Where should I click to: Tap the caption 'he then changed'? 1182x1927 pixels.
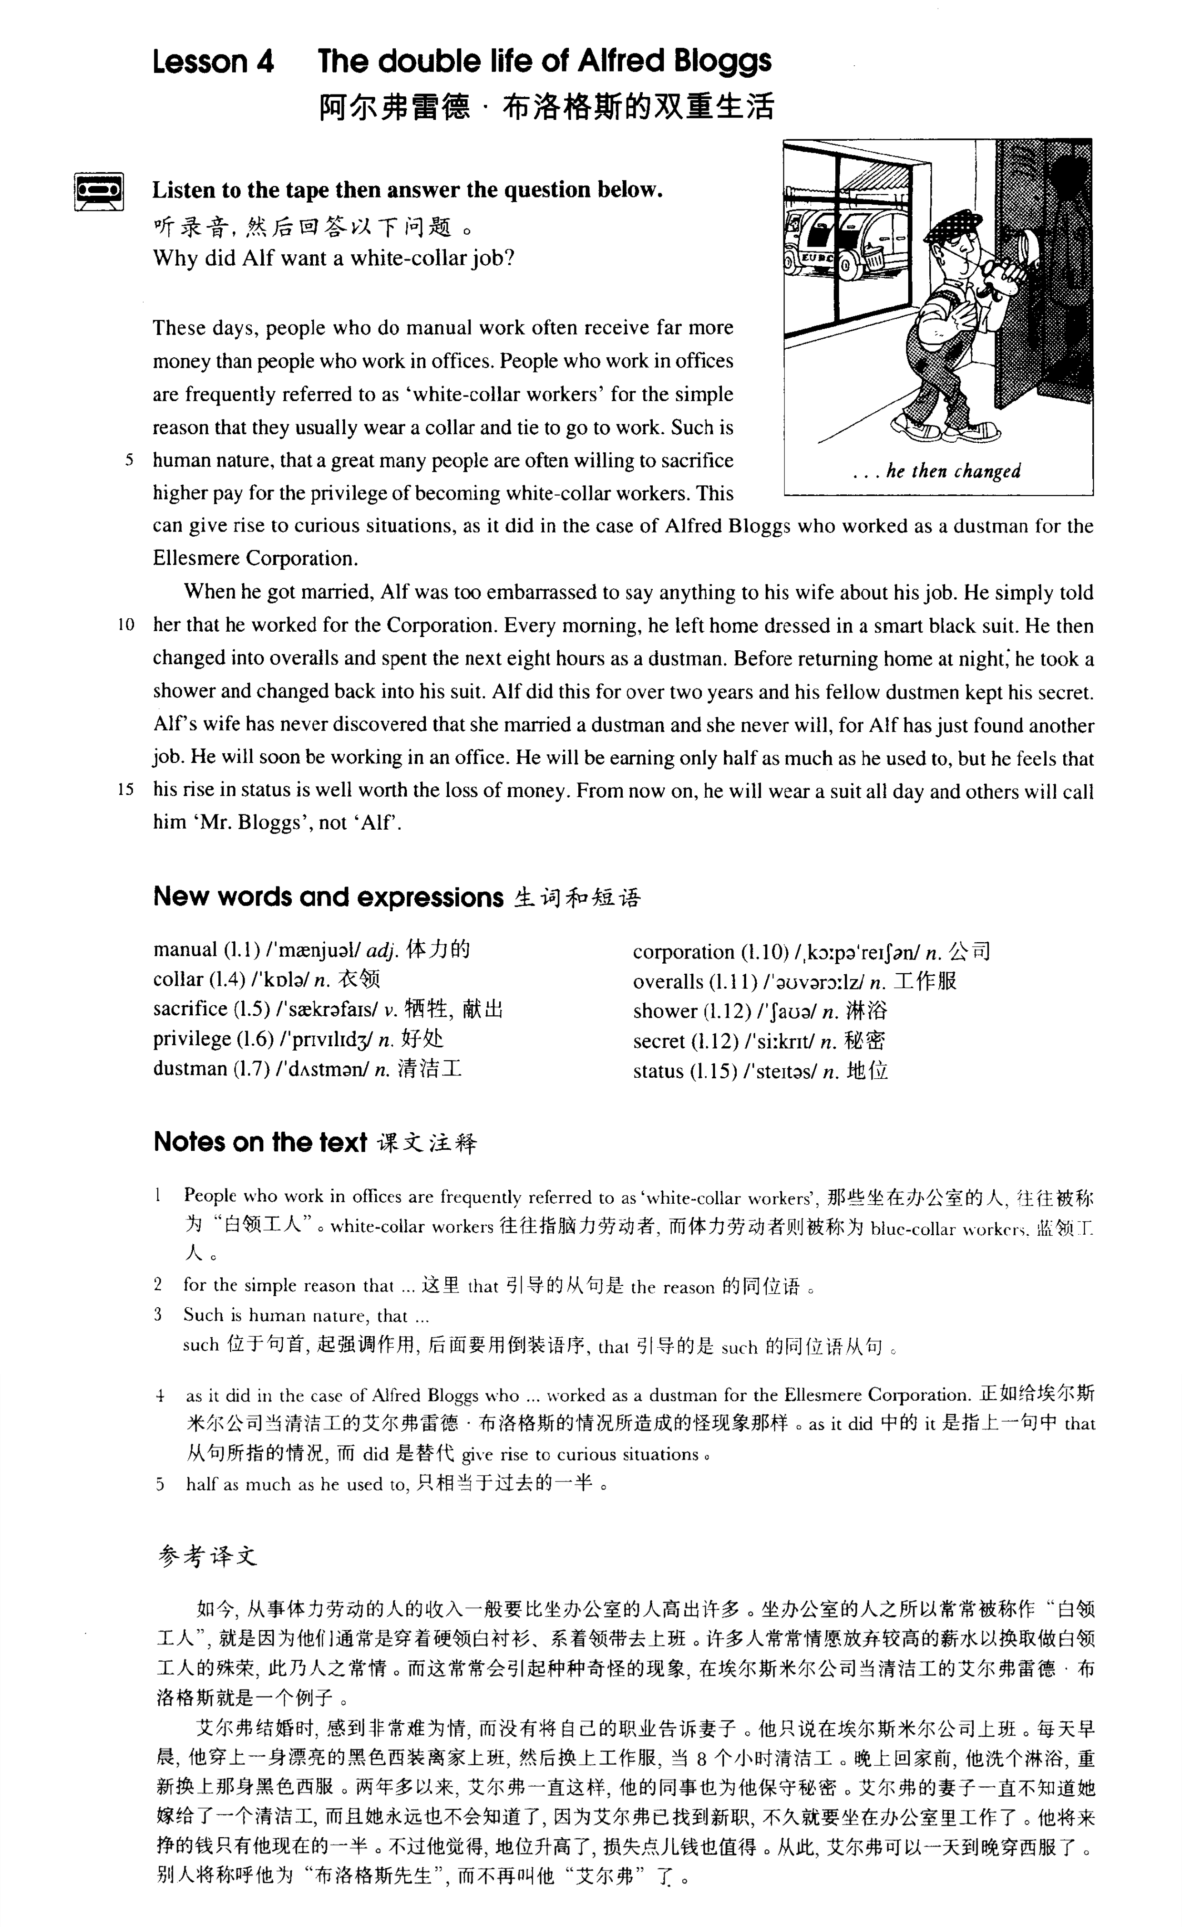(953, 471)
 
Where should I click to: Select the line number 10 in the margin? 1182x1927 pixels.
(126, 625)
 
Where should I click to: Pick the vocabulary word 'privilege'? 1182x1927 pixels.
(192, 1040)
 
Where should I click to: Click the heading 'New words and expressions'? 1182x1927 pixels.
(329, 897)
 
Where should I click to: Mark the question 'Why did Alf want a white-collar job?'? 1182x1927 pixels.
(333, 258)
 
